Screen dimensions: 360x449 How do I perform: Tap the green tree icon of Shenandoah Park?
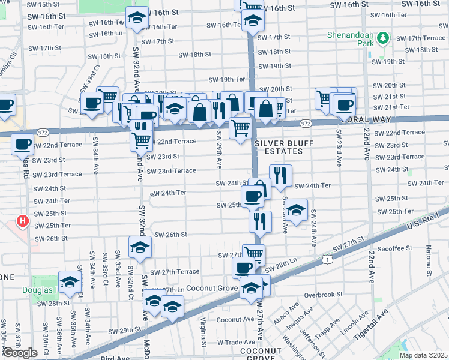384,39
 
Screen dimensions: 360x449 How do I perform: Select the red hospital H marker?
23,221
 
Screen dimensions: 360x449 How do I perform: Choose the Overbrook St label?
322,295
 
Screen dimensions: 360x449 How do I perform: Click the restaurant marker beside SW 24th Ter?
280,175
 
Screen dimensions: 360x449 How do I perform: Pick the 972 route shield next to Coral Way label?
306,124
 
